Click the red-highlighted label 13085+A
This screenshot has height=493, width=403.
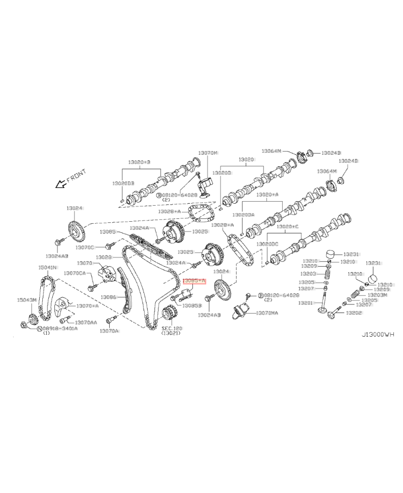[194, 280]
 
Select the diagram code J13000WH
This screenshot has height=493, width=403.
[378, 334]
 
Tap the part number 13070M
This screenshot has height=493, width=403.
[208, 152]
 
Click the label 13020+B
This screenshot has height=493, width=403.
[139, 162]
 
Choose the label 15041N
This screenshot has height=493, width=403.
[48, 267]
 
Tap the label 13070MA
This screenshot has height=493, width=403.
[267, 313]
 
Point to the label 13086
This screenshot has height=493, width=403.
[108, 297]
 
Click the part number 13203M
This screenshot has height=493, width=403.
[377, 295]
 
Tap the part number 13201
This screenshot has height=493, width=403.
[305, 303]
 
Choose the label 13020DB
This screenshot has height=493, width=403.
[123, 183]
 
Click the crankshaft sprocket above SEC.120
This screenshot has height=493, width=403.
[170, 316]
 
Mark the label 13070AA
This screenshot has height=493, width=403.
[86, 322]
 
